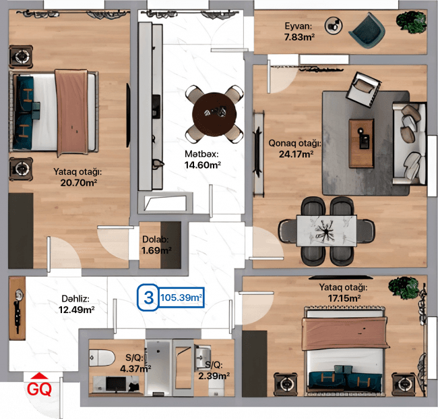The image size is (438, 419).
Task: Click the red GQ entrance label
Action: (39, 389)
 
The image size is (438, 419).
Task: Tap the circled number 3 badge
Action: (146, 297)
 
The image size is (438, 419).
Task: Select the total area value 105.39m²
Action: (181, 297)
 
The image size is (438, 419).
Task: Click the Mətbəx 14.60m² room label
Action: (203, 159)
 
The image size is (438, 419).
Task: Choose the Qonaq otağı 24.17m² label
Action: (294, 148)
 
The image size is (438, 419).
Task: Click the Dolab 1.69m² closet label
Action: (156, 245)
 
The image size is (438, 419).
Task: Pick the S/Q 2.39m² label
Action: (214, 370)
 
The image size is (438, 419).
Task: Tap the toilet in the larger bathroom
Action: (102, 356)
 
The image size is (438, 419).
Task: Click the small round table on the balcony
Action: (333, 26)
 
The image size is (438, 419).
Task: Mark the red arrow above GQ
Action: (39, 376)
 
